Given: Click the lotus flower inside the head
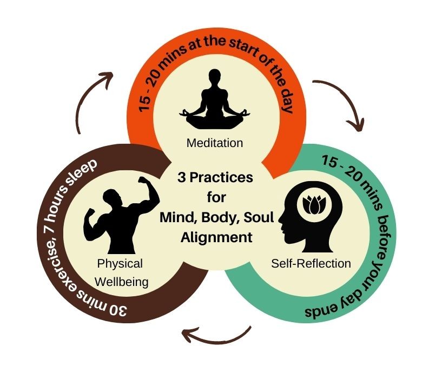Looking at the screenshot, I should pyautogui.click(x=313, y=205).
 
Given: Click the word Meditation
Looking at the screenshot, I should pyautogui.click(x=214, y=143).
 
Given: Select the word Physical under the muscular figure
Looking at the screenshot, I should pyautogui.click(x=120, y=264).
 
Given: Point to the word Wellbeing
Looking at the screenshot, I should pyautogui.click(x=120, y=281).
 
